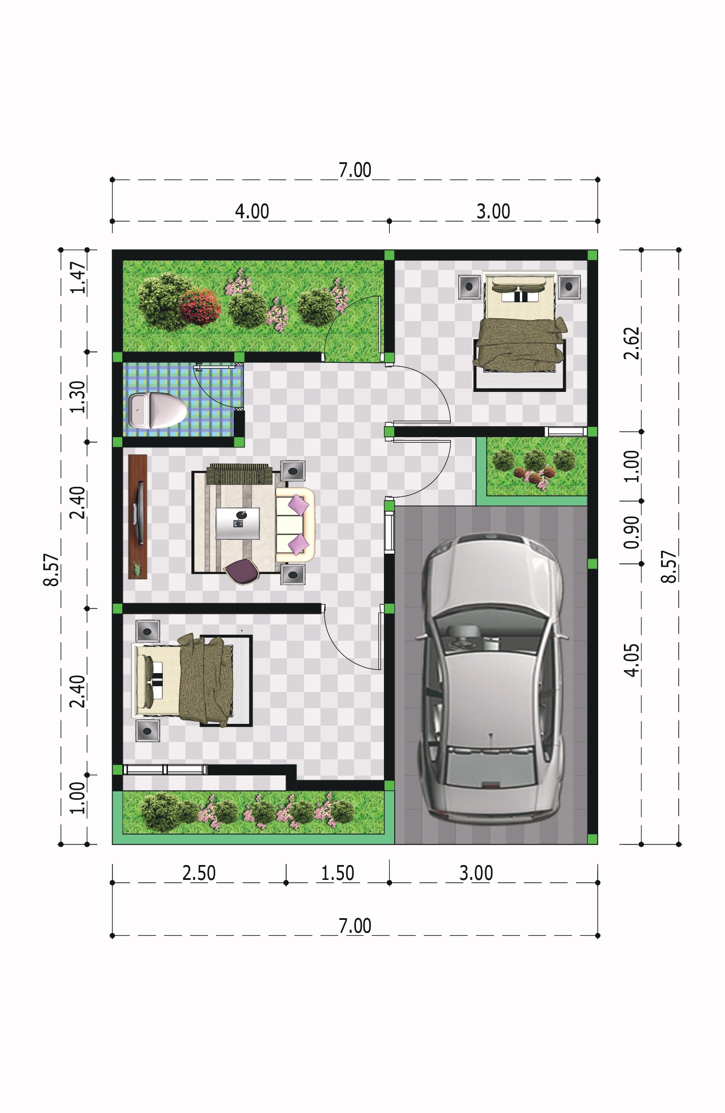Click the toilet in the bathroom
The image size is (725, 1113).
point(158,409)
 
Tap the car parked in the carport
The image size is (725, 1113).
point(492,677)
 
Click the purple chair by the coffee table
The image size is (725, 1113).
point(242,571)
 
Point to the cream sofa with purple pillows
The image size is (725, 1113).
point(295,525)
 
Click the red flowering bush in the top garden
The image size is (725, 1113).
point(200,306)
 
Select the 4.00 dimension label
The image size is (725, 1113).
point(252,211)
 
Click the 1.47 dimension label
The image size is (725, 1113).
point(78,277)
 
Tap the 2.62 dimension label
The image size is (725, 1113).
point(631,343)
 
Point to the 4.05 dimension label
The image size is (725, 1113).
point(631,660)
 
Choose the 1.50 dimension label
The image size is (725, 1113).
point(338,873)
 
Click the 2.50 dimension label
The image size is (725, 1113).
point(199,873)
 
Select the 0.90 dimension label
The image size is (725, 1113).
point(631,532)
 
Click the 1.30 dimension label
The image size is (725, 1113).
point(78,397)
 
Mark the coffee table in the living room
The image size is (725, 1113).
point(238,523)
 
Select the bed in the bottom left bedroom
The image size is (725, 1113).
point(192,680)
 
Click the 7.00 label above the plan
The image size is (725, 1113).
point(355,170)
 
